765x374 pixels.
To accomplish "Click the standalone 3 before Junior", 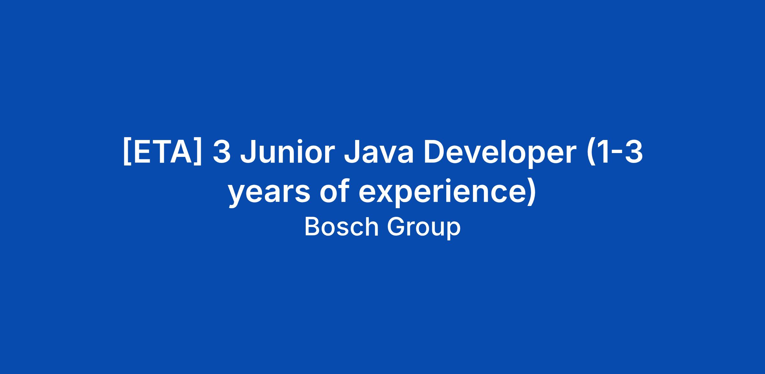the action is point(222,153).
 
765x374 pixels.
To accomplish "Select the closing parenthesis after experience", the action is point(532,193).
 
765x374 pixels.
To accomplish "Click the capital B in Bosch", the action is point(312,227).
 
